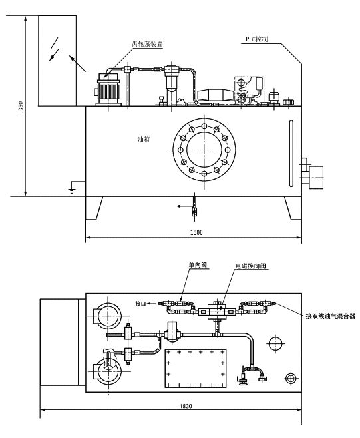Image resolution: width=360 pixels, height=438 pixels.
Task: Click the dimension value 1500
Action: (196, 232)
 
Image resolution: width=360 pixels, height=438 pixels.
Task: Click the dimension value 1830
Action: (186, 406)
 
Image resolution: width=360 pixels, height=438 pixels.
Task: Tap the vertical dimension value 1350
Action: (20, 107)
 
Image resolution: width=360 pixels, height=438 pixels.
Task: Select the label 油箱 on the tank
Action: (144, 139)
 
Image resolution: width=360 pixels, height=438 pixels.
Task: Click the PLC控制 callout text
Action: (257, 39)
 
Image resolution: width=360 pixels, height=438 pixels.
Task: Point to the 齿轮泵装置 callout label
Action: (147, 44)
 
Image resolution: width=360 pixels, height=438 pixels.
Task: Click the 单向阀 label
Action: (198, 264)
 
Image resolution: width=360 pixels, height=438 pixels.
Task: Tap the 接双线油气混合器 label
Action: (331, 316)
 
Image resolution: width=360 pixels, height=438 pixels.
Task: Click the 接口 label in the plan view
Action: (140, 304)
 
